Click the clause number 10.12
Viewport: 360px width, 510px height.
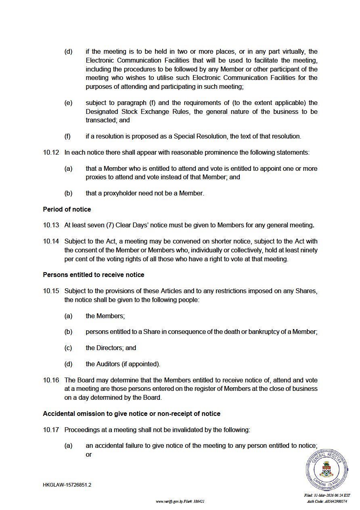point(51,153)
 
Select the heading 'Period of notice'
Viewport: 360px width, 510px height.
point(67,209)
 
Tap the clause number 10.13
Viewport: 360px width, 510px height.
point(51,225)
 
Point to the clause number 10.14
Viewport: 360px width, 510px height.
point(51,241)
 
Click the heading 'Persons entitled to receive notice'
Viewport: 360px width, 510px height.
point(94,275)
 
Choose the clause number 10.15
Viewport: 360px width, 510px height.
point(51,291)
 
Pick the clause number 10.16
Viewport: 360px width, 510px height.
point(51,380)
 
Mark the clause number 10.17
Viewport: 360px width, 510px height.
point(51,430)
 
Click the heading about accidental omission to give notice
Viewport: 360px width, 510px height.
point(132,413)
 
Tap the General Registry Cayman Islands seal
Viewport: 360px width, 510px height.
point(327,470)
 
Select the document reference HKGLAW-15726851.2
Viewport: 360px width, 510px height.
point(67,485)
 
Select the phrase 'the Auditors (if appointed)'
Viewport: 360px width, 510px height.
point(123,364)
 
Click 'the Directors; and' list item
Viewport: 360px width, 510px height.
point(111,348)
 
